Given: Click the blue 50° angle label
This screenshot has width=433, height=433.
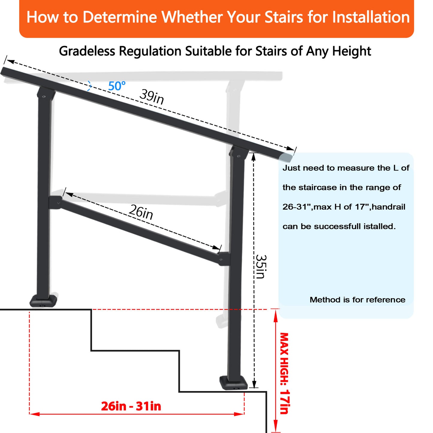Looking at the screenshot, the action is pos(117,86).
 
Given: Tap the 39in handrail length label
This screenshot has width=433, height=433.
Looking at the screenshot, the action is pos(152,97).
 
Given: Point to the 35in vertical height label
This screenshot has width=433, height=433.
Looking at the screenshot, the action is pos(261,266).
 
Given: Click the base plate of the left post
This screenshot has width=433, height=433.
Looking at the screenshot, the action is pos(43,301).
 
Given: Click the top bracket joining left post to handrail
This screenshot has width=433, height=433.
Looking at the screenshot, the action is pos(46,95).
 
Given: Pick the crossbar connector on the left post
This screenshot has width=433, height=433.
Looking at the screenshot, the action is pos(55,203).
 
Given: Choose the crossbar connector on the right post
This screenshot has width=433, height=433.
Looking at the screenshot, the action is pos(224,259).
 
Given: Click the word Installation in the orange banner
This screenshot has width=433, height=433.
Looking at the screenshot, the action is pos(371,17).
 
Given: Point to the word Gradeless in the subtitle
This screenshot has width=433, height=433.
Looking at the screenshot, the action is pos(87,52).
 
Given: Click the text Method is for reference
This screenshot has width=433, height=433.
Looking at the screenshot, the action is pos(357,300).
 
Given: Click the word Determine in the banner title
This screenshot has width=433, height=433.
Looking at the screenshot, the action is pos(119,17).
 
